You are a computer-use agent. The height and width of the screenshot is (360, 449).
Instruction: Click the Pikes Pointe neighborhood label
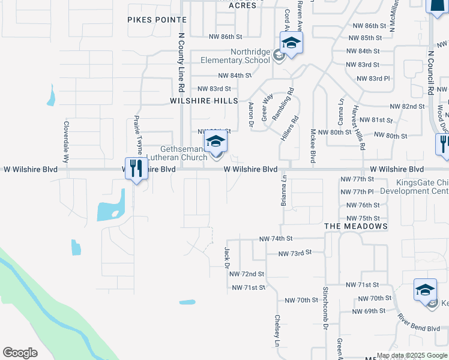tap(157, 20)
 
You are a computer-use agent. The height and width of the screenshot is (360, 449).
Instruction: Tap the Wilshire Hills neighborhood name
tap(204, 101)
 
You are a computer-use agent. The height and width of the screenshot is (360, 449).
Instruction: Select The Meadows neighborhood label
tap(355, 226)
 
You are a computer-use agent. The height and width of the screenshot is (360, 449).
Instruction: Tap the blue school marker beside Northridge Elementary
tap(291, 44)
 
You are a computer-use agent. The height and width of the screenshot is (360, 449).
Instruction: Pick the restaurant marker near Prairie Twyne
tap(136, 169)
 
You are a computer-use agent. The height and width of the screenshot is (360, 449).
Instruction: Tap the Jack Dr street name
tap(228, 257)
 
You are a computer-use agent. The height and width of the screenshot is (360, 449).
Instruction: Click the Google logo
tap(20, 353)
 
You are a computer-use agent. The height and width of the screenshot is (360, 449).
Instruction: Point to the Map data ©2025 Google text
tap(412, 355)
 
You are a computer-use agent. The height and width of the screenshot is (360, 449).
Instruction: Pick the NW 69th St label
tap(369, 311)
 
